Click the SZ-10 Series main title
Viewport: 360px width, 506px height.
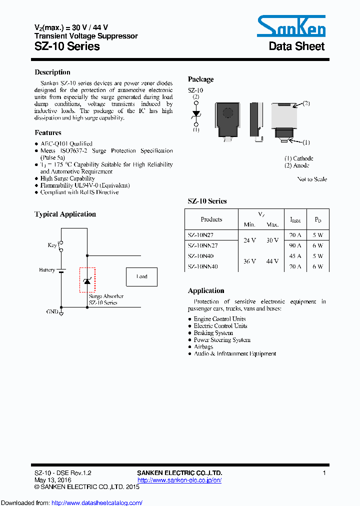click(67, 46)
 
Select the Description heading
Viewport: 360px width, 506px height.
click(52, 72)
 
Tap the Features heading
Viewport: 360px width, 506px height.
click(48, 133)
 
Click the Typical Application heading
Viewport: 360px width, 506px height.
click(65, 214)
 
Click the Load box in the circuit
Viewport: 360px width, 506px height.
click(142, 276)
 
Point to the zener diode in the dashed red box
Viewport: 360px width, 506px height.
click(87, 280)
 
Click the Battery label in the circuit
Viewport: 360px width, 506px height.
click(47, 270)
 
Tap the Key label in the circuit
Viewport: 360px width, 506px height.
click(52, 245)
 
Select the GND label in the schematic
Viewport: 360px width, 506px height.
click(52, 311)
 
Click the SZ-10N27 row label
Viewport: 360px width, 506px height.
click(202, 234)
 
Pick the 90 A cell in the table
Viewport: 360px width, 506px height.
click(295, 245)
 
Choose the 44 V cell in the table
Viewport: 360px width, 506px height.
click(272, 261)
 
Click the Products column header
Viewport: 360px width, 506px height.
click(211, 219)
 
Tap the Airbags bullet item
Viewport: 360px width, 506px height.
click(203, 346)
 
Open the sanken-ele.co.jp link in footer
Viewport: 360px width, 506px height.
click(179, 480)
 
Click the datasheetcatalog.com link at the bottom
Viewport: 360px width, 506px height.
click(97, 503)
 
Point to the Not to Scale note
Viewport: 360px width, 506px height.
click(312, 179)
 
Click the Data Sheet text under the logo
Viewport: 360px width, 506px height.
click(296, 46)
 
